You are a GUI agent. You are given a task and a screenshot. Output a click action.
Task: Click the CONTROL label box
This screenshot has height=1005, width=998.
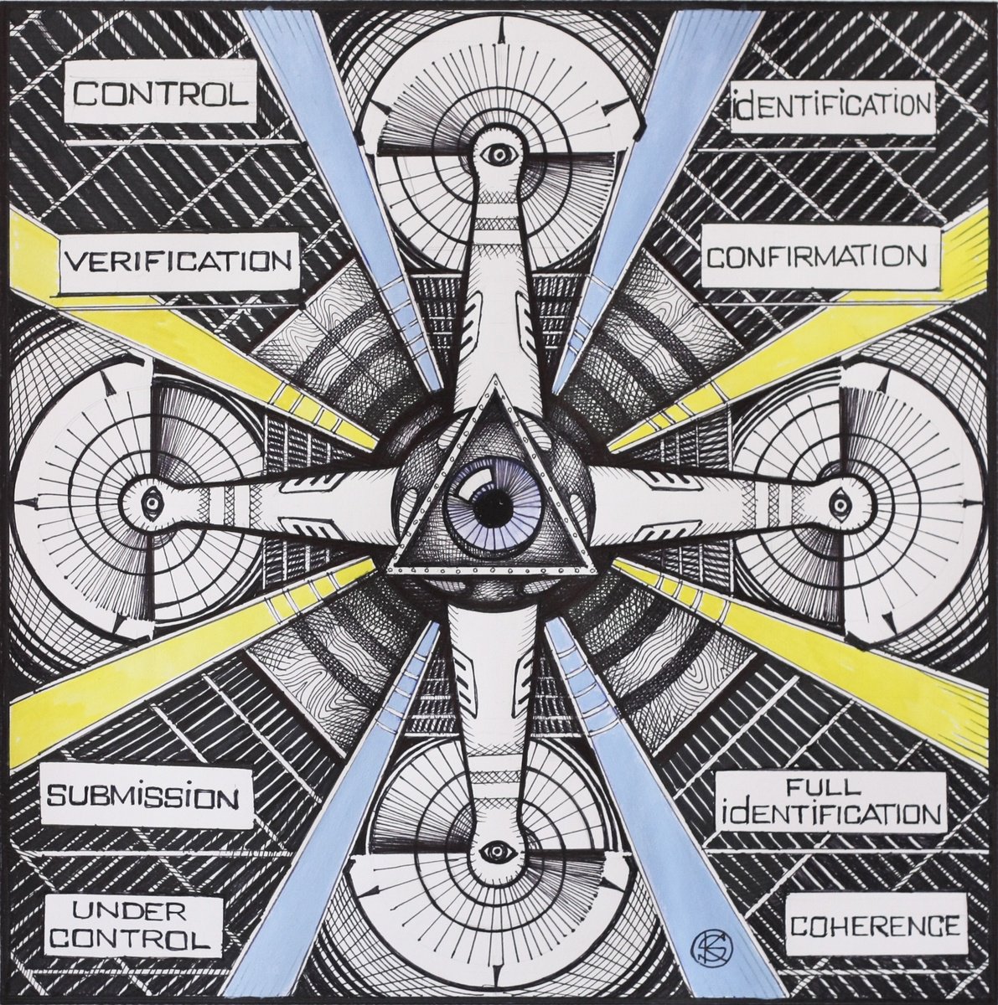[x=161, y=93]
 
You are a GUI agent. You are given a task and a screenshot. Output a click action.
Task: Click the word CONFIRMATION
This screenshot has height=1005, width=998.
[x=813, y=257]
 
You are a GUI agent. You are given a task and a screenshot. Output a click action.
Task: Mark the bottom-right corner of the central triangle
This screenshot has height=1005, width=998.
[x=597, y=575]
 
